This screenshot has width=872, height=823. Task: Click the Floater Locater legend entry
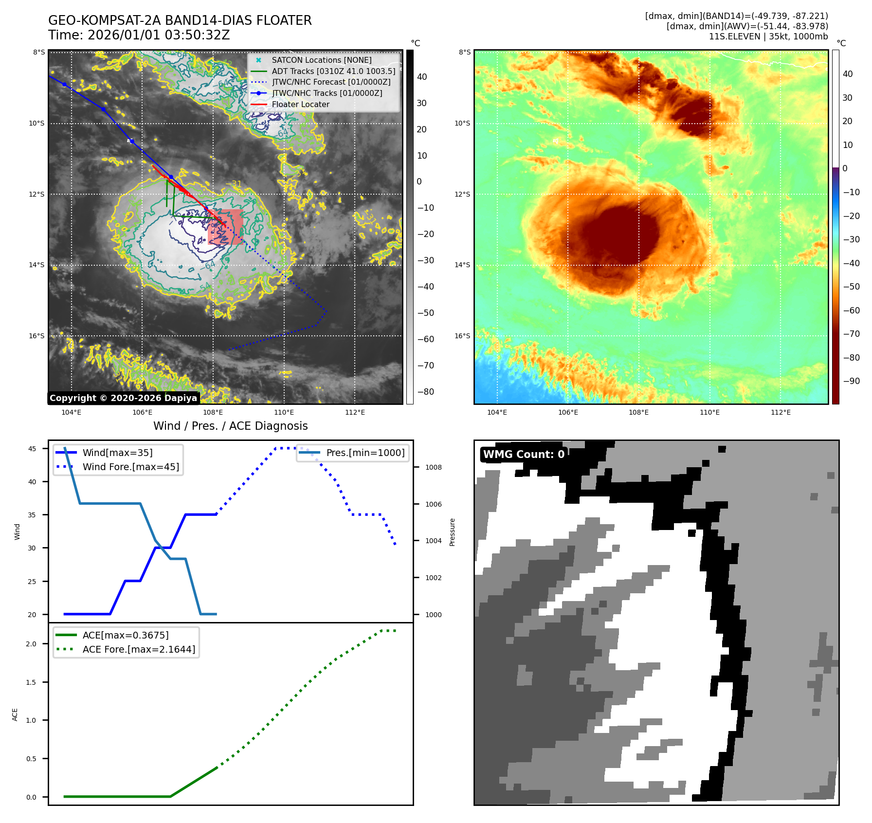point(300,104)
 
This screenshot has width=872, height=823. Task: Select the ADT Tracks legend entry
point(333,71)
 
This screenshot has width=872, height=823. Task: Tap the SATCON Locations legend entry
point(321,60)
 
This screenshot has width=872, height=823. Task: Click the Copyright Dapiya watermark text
point(123,398)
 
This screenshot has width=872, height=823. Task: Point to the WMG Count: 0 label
point(524,454)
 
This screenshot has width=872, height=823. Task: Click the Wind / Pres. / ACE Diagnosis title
point(230,426)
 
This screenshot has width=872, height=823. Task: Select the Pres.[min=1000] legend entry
point(365,453)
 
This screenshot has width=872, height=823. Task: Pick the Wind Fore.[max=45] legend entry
point(130,467)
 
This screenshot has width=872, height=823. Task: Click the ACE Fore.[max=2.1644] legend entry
point(139,649)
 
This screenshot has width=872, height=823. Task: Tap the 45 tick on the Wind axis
point(32,449)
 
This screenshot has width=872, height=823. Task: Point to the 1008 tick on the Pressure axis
point(434,467)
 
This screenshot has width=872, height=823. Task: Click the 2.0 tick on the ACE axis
point(31,644)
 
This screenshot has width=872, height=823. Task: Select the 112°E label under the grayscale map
point(355,412)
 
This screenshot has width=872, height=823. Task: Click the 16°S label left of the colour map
point(462,336)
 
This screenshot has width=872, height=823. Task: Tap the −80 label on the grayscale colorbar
point(426,392)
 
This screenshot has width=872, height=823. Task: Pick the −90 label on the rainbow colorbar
point(851,381)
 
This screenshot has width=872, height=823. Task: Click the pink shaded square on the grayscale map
point(225,227)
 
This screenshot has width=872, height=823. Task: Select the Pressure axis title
point(452,532)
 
